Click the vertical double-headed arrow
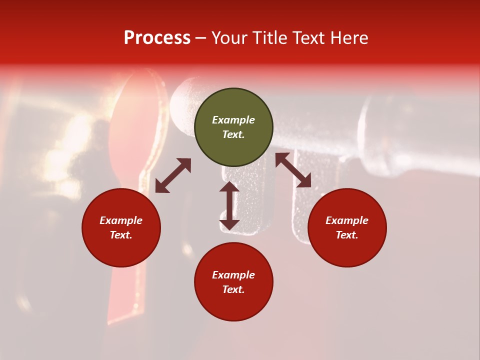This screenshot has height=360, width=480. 229,205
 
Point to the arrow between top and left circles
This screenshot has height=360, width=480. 173,175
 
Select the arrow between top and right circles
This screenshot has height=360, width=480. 293,170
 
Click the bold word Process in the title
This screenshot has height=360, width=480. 157,38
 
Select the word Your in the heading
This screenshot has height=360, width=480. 230,38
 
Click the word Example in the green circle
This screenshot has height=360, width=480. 233,120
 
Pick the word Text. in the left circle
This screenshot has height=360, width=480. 121,235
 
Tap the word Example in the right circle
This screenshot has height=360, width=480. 347,220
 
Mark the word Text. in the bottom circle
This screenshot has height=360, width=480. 233,289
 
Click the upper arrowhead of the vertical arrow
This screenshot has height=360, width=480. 229,186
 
